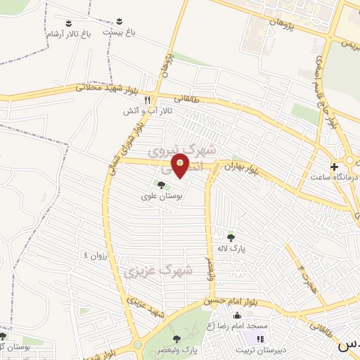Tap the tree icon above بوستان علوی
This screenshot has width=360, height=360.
[162, 186]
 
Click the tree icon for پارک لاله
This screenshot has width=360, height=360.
[231, 237]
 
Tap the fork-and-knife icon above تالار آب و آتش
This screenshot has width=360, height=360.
[147, 101]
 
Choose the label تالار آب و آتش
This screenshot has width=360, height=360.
[142, 111]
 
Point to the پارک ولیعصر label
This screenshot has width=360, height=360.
[178, 349]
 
